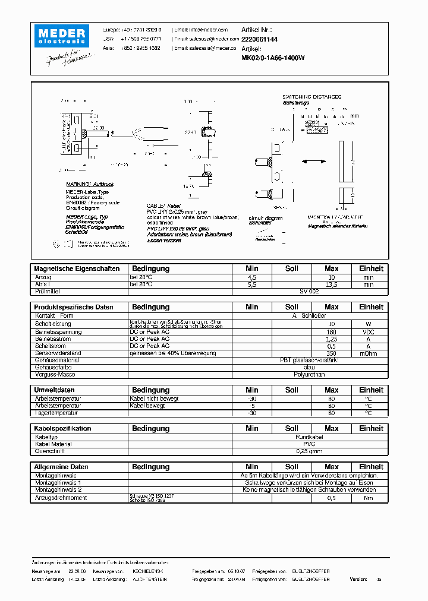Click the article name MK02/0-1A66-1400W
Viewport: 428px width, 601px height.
coord(273,58)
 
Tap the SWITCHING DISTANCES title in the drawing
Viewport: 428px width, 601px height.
coord(311,97)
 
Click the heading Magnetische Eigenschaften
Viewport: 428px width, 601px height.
coord(77,268)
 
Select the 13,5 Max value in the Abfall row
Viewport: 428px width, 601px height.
coord(332,284)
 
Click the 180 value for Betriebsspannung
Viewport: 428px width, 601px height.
coord(332,331)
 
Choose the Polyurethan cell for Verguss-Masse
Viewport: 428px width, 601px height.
coord(309,375)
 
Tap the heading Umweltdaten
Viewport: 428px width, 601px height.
coord(54,390)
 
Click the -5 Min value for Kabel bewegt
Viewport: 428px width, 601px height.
coord(252,406)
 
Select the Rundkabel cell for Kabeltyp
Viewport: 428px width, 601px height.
coord(309,436)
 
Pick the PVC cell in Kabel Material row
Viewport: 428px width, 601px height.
coord(309,444)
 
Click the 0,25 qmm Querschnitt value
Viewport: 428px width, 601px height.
coord(309,451)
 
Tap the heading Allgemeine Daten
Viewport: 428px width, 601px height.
coord(61,467)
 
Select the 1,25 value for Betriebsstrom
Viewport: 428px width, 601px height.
coord(332,339)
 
